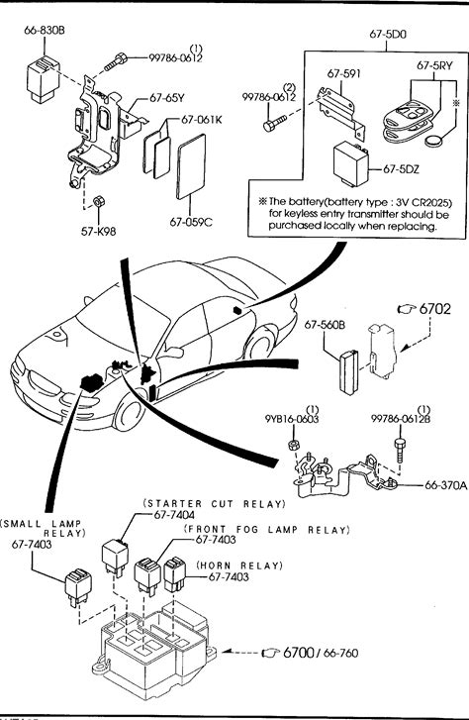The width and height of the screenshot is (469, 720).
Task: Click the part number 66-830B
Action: (45, 31)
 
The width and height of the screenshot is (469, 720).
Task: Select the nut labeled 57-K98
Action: (98, 202)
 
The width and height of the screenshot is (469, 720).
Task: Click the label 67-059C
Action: (191, 222)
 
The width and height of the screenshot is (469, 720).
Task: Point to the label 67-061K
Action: (202, 120)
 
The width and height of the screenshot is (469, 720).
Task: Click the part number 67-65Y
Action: (167, 98)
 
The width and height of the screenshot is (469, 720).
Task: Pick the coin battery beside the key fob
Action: (433, 141)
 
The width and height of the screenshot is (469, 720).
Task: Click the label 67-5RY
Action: (434, 65)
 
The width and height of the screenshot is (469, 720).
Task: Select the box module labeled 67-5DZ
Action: (352, 164)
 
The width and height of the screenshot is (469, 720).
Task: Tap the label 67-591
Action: (343, 74)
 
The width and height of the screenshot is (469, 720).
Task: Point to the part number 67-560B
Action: (325, 325)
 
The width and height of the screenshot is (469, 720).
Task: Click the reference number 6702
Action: (435, 309)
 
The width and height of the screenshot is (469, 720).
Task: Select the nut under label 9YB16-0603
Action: (292, 445)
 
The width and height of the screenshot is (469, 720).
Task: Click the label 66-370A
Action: (445, 485)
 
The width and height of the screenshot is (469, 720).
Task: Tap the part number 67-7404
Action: (174, 515)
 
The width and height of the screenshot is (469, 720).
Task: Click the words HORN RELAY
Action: (240, 566)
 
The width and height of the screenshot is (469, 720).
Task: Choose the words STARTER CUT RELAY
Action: (215, 503)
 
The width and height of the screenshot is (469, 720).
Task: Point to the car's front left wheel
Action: (129, 414)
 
